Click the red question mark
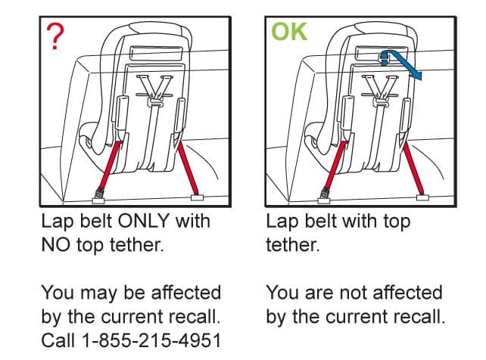55,36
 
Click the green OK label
289,32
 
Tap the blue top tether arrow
400,64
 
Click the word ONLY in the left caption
144,221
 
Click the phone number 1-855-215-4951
151,340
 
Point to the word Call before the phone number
58,340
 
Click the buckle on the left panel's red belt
100,193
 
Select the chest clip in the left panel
155,101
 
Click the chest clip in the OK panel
382,101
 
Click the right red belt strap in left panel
188,168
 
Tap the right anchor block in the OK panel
422,197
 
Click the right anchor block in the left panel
197,197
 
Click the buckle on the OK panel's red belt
326,193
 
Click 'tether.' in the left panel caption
136,244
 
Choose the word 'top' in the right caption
397,222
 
